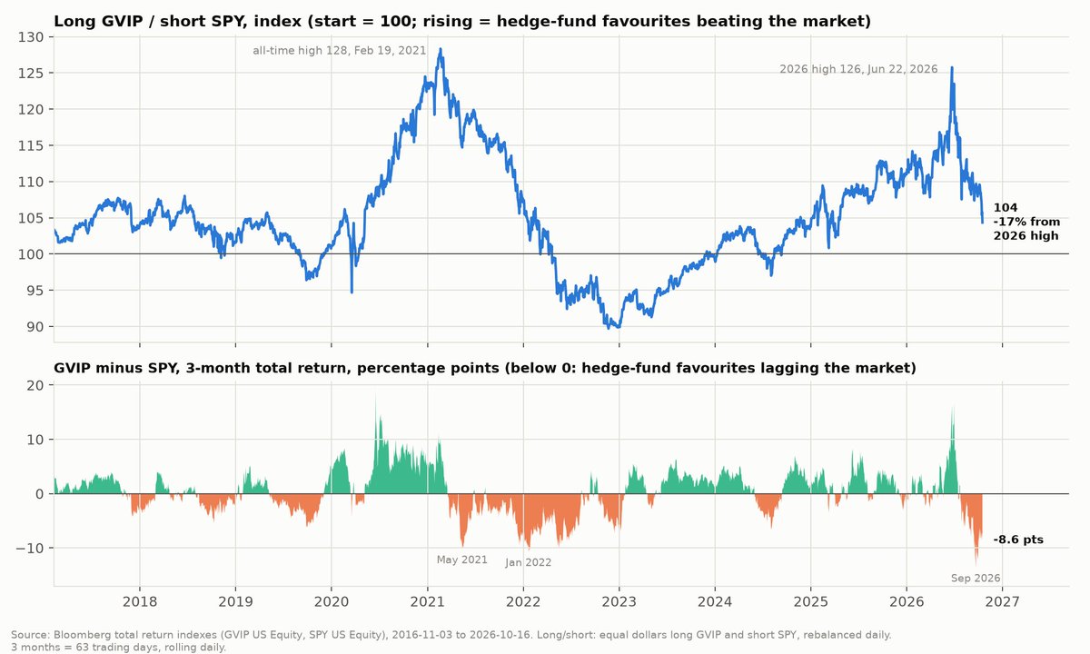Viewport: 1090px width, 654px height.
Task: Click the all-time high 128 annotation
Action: (339, 51)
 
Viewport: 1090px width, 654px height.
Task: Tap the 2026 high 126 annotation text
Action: (858, 69)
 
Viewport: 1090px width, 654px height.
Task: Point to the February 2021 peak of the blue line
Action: (441, 49)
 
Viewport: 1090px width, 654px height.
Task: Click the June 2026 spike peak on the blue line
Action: (952, 67)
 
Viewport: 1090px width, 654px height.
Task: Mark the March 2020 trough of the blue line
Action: (352, 292)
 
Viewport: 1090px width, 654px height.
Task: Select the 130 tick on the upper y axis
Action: (30, 37)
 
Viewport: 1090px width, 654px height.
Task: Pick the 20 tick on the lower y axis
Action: (35, 385)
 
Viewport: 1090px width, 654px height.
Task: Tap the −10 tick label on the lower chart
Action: (30, 549)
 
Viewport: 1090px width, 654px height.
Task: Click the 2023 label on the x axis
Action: (619, 602)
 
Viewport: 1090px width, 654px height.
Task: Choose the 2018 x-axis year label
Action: (140, 602)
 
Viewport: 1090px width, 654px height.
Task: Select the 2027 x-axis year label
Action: (1003, 602)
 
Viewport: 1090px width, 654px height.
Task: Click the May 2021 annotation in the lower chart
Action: (461, 560)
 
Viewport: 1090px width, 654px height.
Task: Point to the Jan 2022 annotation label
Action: (528, 562)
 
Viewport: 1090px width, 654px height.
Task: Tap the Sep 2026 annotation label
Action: (976, 578)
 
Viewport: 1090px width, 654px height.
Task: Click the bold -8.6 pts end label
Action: (1018, 540)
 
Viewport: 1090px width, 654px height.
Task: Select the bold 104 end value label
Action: (1006, 208)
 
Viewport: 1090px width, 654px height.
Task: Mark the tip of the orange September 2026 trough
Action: (976, 565)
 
